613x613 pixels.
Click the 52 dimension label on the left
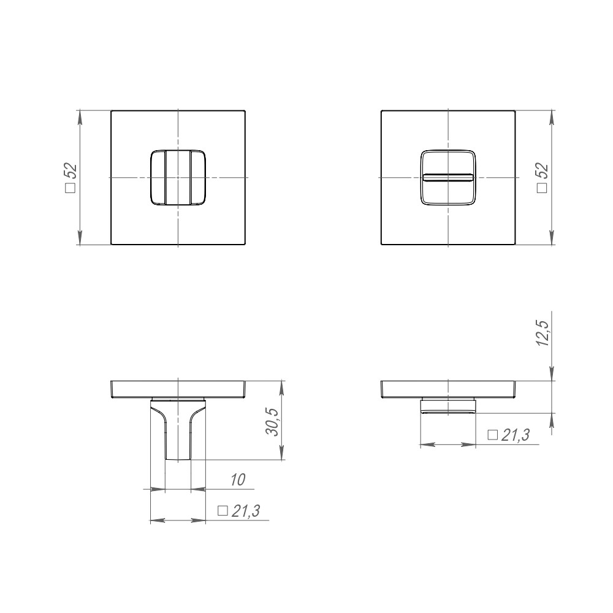70,172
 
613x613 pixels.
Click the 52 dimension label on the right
542,171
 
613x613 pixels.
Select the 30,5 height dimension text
273,422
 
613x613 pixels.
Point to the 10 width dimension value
238,480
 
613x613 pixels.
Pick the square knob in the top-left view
178,177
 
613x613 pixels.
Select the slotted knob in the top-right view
448,177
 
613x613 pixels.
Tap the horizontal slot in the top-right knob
448,177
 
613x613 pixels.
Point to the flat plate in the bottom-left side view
178,389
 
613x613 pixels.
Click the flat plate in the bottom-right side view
448,389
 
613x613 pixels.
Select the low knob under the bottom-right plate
448,406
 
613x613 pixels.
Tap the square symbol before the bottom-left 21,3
223,511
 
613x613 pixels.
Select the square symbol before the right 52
541,189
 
